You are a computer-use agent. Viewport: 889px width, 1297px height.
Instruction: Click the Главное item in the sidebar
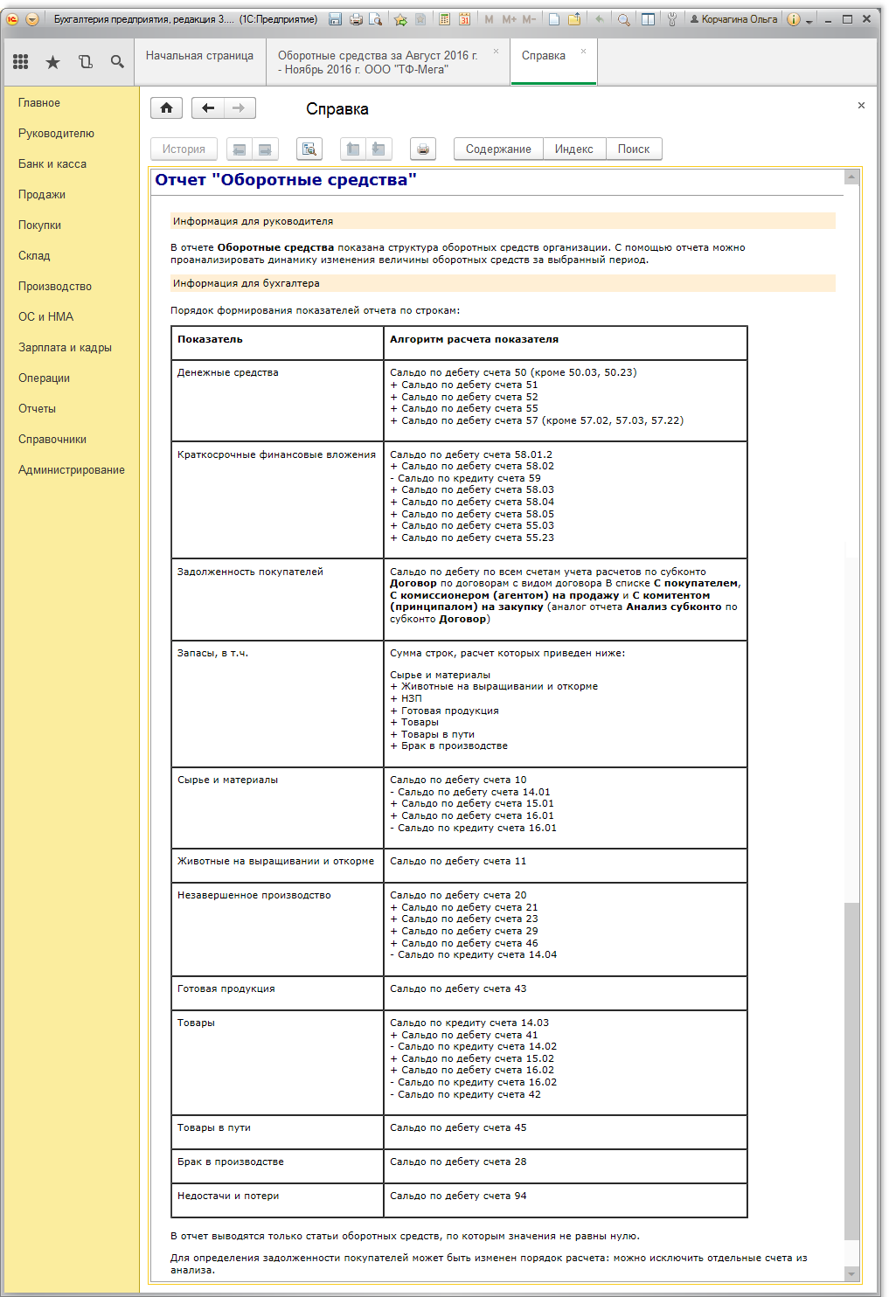pos(39,103)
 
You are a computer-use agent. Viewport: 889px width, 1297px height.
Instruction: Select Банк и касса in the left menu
pos(52,164)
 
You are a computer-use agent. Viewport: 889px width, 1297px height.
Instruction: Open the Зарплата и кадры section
pos(65,348)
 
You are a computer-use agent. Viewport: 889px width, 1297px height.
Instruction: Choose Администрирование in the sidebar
pos(72,470)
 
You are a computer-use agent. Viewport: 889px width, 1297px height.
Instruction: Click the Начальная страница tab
pos(199,56)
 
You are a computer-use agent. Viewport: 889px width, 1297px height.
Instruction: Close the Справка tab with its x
pos(583,52)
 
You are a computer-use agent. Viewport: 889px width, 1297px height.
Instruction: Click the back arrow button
pos(208,108)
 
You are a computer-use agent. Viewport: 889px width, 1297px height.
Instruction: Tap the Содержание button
pos(498,149)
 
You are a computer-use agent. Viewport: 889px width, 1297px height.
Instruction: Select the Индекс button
pos(573,149)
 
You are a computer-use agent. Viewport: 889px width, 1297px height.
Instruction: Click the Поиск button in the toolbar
pos(633,149)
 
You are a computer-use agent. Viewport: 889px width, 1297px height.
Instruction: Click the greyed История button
pos(184,149)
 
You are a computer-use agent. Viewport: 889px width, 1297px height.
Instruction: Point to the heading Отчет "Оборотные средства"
pos(286,180)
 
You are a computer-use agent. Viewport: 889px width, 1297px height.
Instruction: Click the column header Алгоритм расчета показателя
pos(474,339)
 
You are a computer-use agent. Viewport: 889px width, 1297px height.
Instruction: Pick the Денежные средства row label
pos(228,372)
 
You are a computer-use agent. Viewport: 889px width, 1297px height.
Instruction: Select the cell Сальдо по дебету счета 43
pos(458,989)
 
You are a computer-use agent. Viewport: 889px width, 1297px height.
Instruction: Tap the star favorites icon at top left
pos(52,62)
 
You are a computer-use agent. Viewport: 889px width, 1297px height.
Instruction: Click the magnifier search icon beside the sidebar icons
pos(117,62)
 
